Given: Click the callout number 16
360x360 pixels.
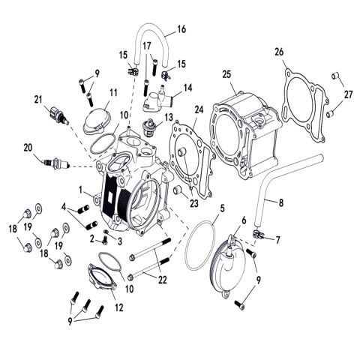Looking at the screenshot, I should pos(181,30).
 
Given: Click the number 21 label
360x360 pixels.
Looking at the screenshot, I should pos(37,99).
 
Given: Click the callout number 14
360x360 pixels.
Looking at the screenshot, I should pos(188,88).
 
